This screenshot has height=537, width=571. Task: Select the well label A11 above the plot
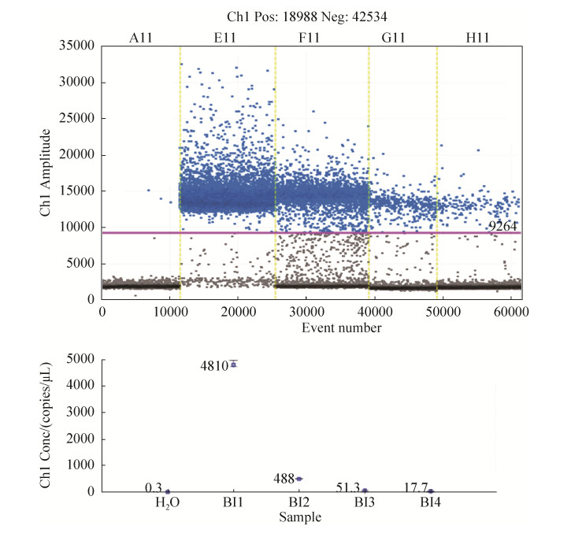click(142, 36)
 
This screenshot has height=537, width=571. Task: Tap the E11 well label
click(228, 36)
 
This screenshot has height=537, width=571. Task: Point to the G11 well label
click(402, 36)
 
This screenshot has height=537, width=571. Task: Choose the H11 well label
click(478, 36)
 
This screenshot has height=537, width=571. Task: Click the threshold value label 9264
click(502, 226)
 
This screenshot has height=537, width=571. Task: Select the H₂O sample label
click(167, 504)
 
